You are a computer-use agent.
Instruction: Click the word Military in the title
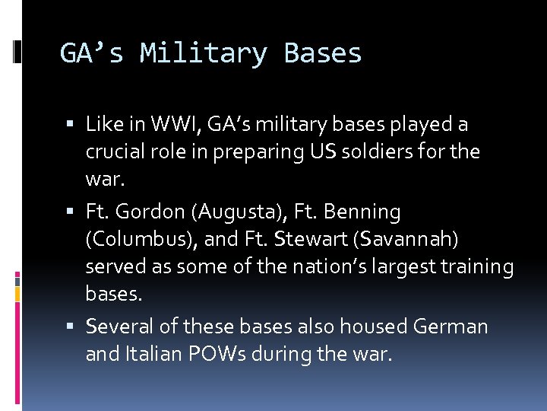(x=204, y=54)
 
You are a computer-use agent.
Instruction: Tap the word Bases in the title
(x=323, y=54)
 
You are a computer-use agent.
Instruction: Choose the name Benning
(x=362, y=211)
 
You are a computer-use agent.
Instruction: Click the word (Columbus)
(x=140, y=239)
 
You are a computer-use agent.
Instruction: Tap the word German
(x=451, y=327)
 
